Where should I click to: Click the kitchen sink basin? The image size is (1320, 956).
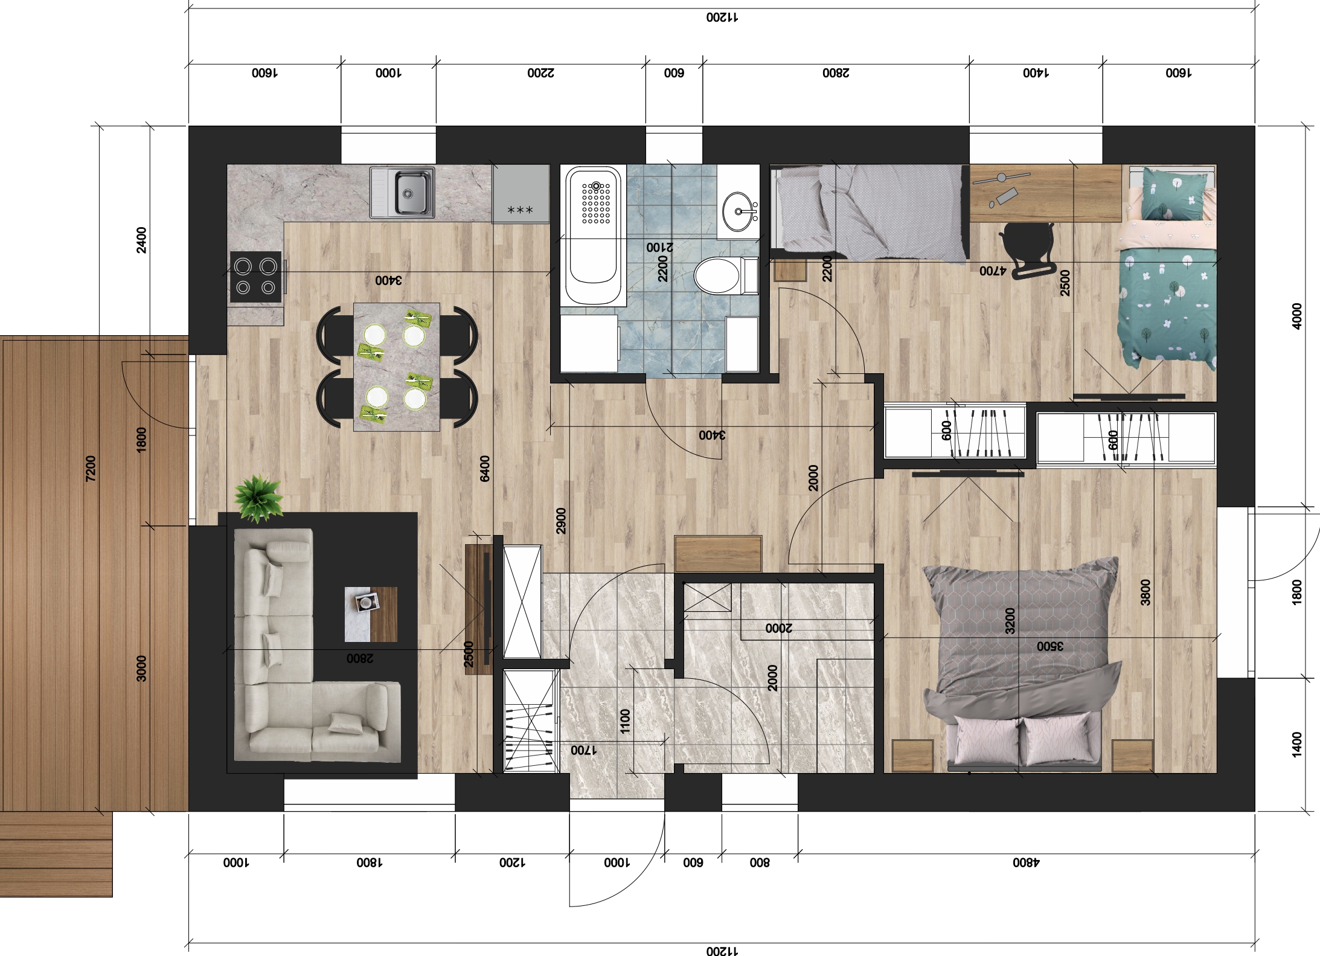click(x=414, y=192)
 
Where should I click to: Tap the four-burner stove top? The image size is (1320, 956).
click(x=255, y=276)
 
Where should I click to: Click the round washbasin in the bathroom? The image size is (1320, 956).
click(x=738, y=211)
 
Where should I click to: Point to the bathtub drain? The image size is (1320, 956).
click(x=597, y=185)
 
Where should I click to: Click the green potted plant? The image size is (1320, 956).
click(x=258, y=498)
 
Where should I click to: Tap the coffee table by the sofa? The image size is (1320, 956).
click(x=371, y=614)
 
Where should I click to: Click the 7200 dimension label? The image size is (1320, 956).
click(x=91, y=468)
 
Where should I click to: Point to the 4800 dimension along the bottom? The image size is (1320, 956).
click(x=1026, y=862)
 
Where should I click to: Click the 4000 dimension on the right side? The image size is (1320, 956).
click(x=1296, y=316)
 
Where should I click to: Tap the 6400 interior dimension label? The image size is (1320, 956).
click(x=485, y=469)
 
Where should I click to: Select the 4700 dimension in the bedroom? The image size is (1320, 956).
click(x=993, y=271)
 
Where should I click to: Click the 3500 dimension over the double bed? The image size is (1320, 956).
click(x=1050, y=646)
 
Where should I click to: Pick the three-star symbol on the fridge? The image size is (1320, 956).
click(x=520, y=210)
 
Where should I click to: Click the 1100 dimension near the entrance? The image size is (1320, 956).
click(x=625, y=721)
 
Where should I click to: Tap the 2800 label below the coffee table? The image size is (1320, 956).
click(x=360, y=658)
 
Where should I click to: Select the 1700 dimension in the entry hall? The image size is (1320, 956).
click(x=584, y=750)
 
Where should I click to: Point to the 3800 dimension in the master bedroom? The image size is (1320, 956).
click(x=1145, y=592)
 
